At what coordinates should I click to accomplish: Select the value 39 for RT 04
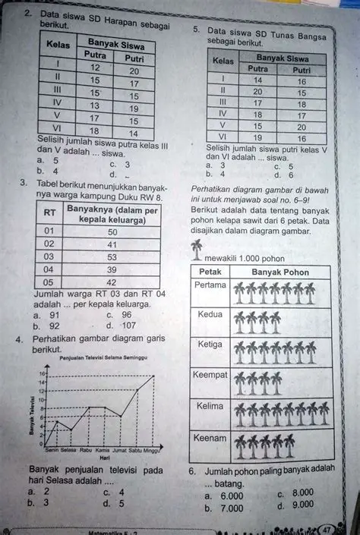tap(112, 269)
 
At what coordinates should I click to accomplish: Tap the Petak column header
tap(210, 272)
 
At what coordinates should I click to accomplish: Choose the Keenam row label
tap(210, 438)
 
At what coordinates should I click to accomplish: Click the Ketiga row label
tap(210, 344)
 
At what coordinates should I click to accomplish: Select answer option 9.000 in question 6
tap(302, 505)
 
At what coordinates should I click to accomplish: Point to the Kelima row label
tap(210, 406)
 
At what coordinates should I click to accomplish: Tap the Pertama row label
tap(210, 285)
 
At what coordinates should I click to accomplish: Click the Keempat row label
tap(210, 375)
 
